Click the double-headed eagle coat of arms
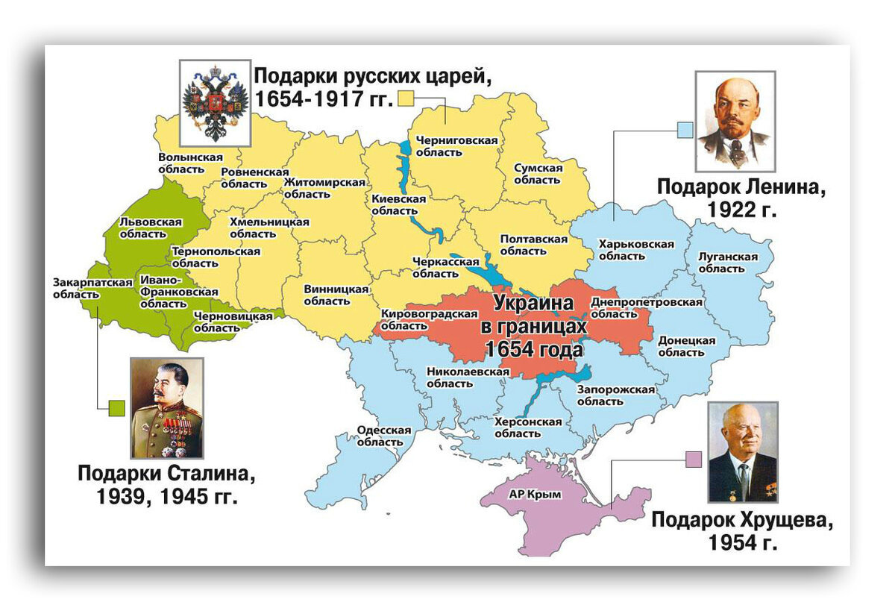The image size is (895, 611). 216,102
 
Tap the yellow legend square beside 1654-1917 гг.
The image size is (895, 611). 406,98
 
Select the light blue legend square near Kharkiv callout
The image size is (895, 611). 685,130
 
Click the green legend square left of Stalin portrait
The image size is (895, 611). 116,407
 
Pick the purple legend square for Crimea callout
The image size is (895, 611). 694,460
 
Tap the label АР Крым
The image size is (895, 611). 534,494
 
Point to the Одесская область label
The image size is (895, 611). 384,436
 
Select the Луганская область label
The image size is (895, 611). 727,263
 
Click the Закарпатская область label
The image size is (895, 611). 82,288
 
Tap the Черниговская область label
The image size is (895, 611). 446,145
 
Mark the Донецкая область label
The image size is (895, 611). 686,346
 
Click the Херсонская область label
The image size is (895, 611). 528,427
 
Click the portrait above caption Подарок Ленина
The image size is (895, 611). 735,122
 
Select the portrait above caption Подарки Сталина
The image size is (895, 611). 167,407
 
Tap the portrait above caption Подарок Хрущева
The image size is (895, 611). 742,452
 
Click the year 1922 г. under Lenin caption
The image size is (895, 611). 742,210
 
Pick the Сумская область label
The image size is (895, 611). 538,174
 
